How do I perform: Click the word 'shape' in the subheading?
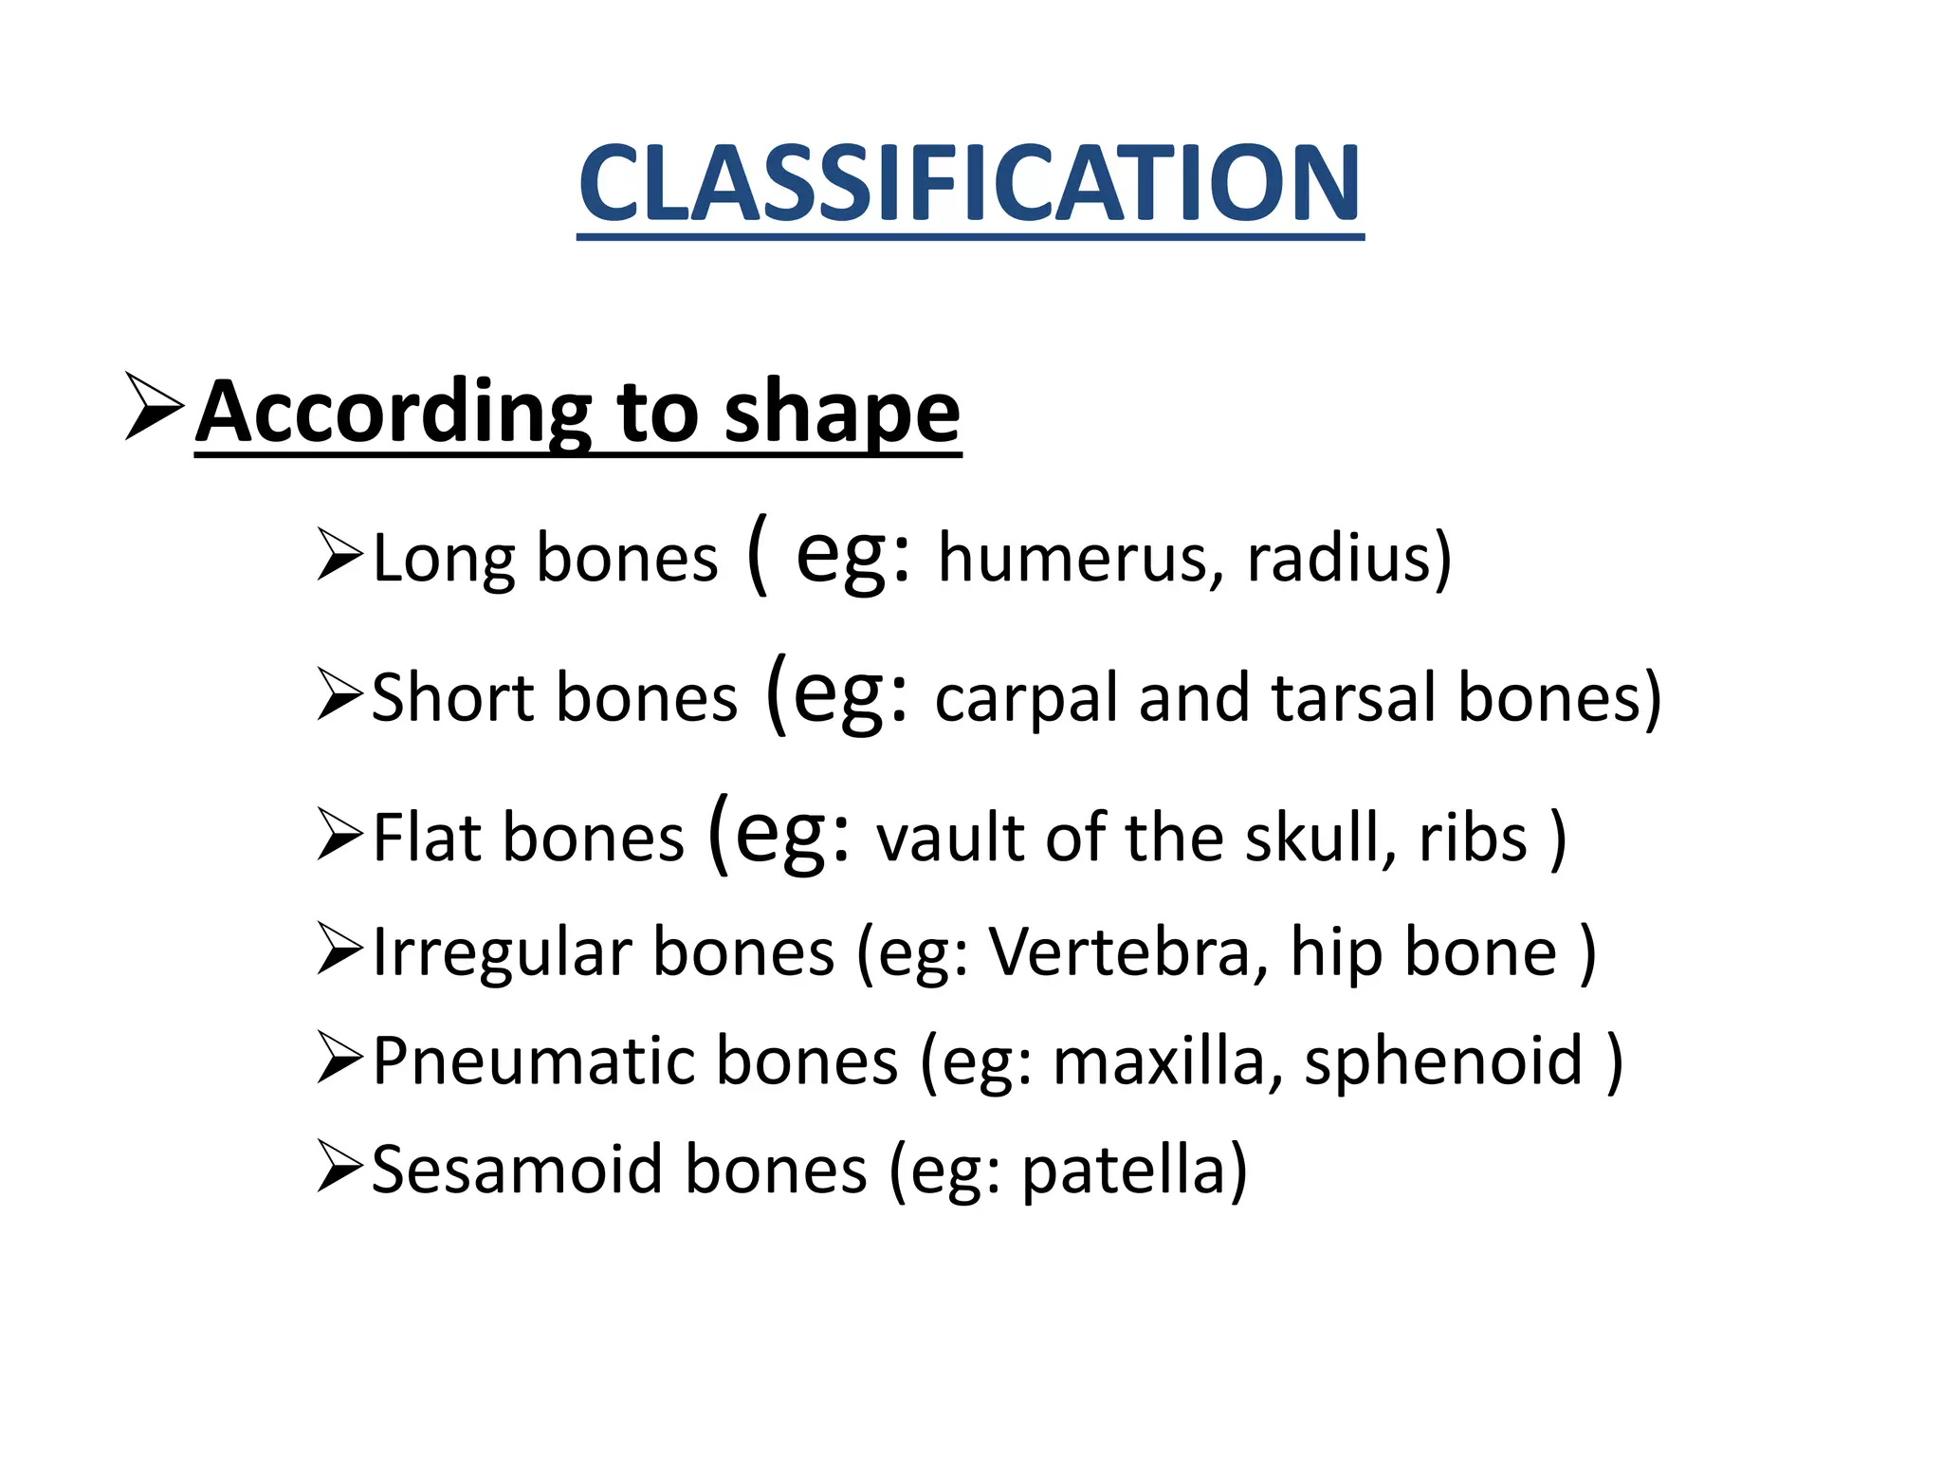(x=842, y=414)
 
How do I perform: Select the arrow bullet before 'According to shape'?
(x=154, y=406)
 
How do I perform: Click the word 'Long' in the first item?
(x=443, y=560)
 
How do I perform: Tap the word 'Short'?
(x=452, y=698)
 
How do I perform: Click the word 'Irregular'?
(x=502, y=952)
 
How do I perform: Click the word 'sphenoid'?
(x=1442, y=1061)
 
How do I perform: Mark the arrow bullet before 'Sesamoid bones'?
(x=340, y=1167)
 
